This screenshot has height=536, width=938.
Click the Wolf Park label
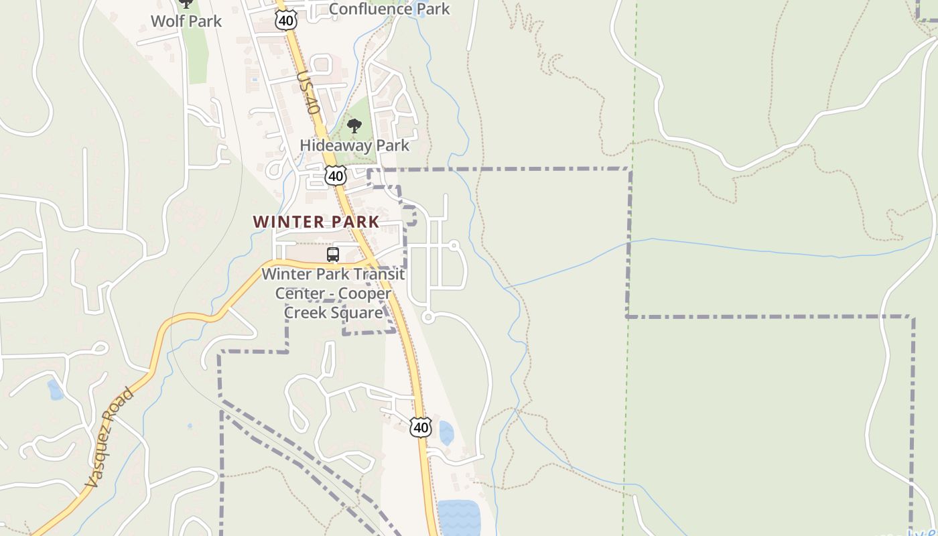tap(186, 21)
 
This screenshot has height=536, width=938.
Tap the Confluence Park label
tap(389, 9)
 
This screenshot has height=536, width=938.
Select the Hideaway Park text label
tap(354, 145)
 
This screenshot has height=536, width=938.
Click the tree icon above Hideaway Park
tap(354, 125)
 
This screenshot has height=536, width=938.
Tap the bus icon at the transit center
tap(333, 255)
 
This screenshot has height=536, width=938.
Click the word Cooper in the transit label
tap(364, 293)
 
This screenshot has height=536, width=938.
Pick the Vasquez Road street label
tap(111, 437)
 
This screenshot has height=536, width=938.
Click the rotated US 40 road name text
tap(306, 92)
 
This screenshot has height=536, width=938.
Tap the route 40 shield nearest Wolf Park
tap(286, 21)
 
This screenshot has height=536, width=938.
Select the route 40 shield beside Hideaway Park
tap(336, 176)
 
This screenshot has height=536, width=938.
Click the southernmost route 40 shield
tap(421, 427)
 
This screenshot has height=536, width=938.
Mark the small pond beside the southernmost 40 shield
tap(446, 433)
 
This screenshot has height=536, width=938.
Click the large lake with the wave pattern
tap(459, 517)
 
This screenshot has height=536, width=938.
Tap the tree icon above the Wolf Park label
tap(186, 3)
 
